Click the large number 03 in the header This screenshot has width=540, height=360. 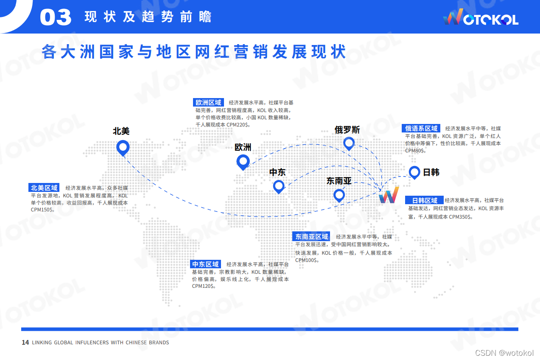(56, 17)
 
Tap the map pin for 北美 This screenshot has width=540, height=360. (123, 148)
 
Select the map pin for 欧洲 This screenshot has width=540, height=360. (243, 161)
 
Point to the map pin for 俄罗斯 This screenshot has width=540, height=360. (349, 143)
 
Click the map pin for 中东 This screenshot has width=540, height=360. (278, 186)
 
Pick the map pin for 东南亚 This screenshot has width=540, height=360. (339, 195)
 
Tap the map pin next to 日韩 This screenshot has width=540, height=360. (414, 172)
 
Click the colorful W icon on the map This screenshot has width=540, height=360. (389, 195)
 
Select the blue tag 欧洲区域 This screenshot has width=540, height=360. (208, 102)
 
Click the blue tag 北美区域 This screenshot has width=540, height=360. (44, 188)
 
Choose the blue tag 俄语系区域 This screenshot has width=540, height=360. (421, 128)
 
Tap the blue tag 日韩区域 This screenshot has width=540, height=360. (425, 200)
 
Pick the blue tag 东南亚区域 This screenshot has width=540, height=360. (312, 236)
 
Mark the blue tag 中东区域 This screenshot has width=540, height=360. (206, 264)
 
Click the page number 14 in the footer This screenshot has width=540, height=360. (25, 343)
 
